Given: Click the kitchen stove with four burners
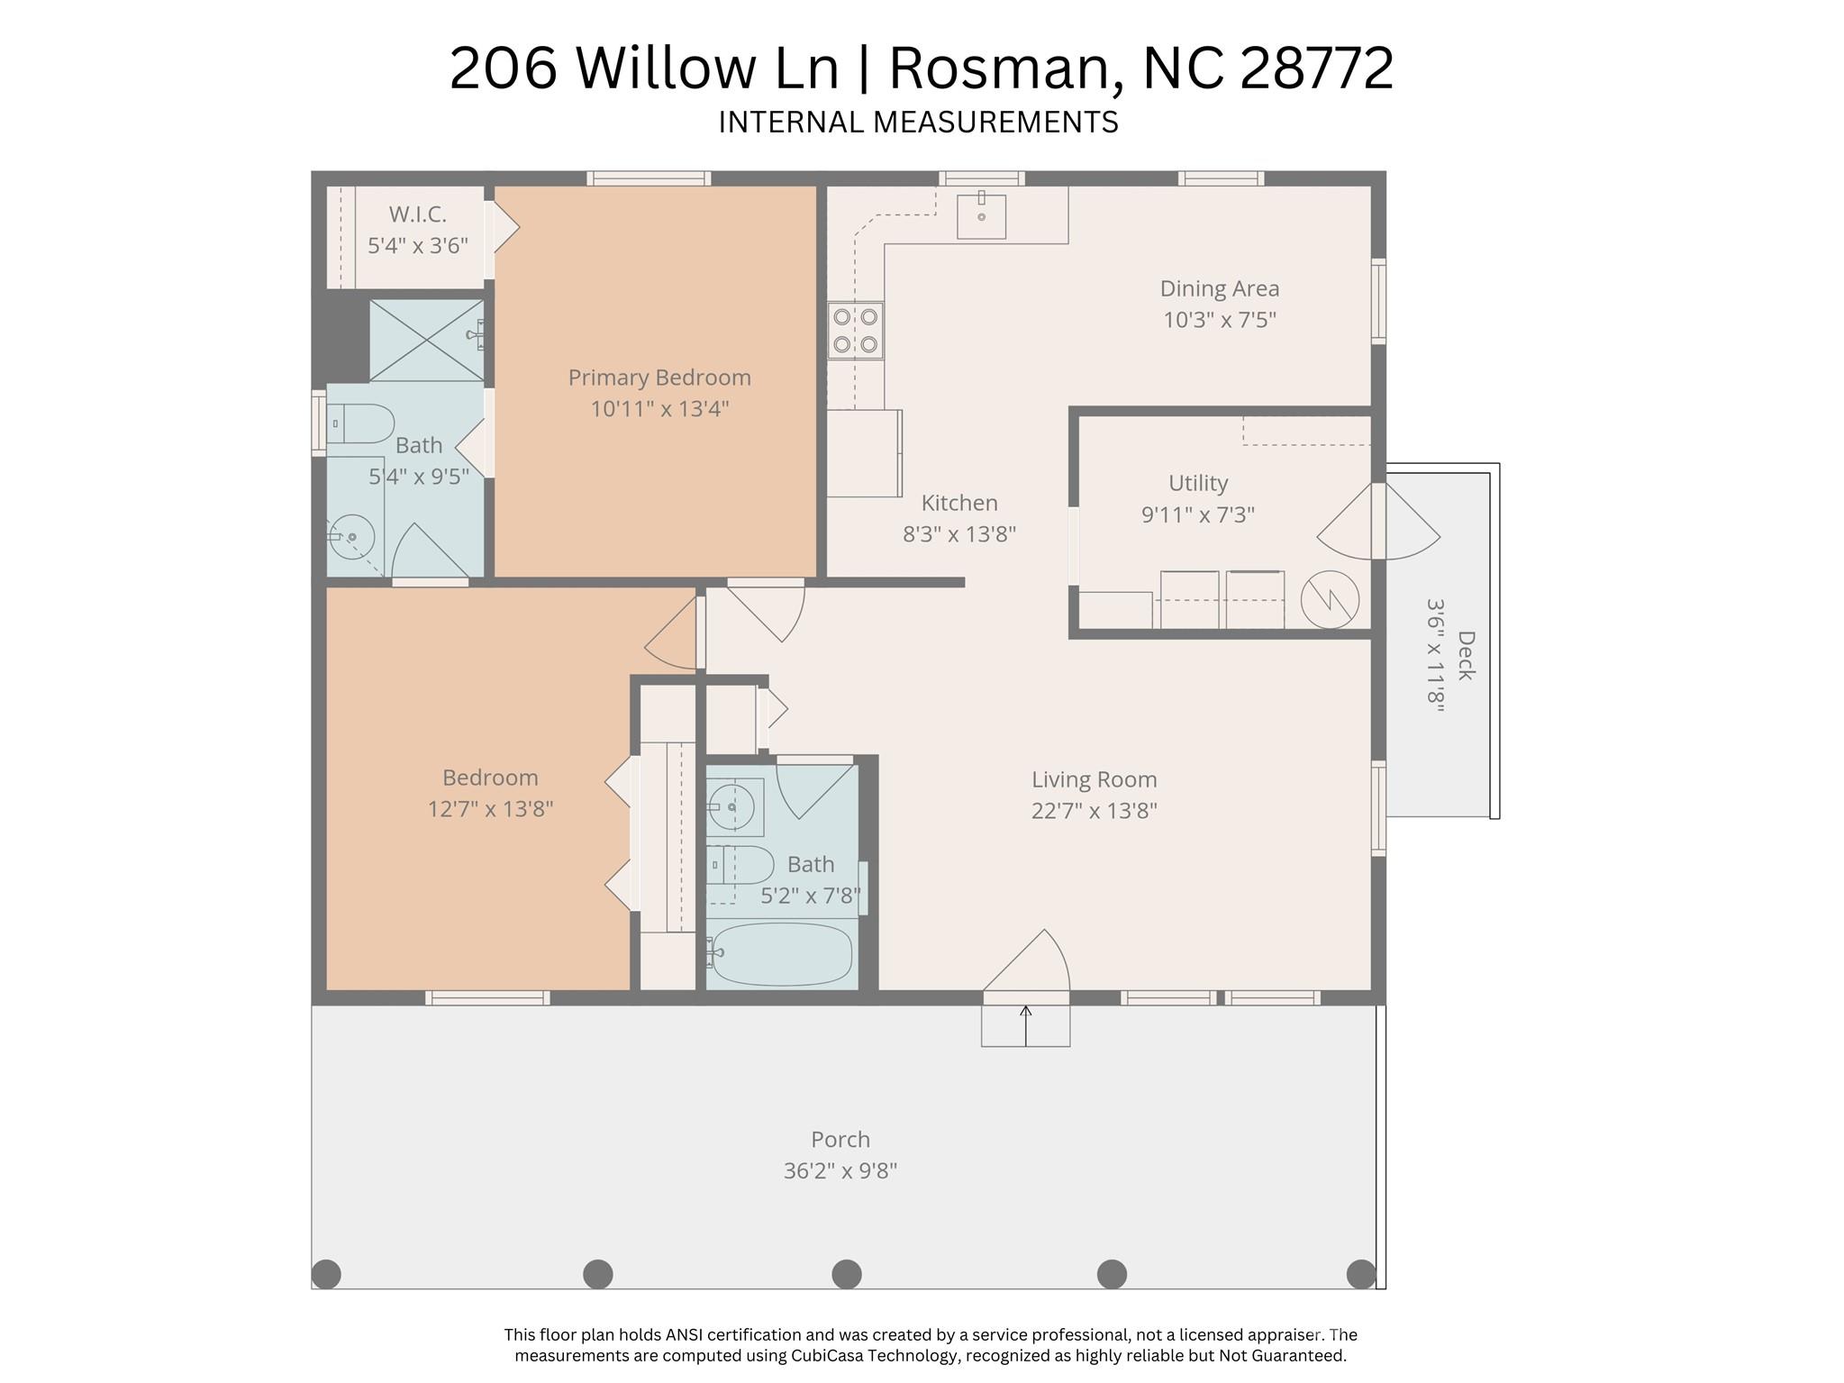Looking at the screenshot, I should tap(855, 331).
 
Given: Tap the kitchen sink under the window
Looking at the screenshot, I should tap(981, 215).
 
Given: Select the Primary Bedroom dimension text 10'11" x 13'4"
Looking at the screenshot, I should tap(659, 409).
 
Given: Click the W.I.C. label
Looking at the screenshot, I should tap(417, 214).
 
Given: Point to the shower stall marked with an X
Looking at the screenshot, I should tap(425, 340).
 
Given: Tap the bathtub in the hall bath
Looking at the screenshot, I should tap(780, 954).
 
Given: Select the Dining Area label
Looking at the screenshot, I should tap(1219, 289).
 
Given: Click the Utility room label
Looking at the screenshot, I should tap(1197, 483).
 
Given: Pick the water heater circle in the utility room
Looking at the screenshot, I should tap(1330, 599).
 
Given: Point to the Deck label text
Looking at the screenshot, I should tap(1466, 655).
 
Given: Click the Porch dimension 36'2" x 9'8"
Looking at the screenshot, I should tap(840, 1170).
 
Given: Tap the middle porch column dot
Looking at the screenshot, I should tap(846, 1273).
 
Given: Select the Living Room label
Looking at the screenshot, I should tap(1094, 779).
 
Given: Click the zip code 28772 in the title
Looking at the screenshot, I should tap(1316, 68).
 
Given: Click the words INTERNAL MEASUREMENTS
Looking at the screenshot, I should tap(918, 122).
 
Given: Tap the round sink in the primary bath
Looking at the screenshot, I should tap(351, 537).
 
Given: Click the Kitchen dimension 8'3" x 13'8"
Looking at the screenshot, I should tap(959, 534).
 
